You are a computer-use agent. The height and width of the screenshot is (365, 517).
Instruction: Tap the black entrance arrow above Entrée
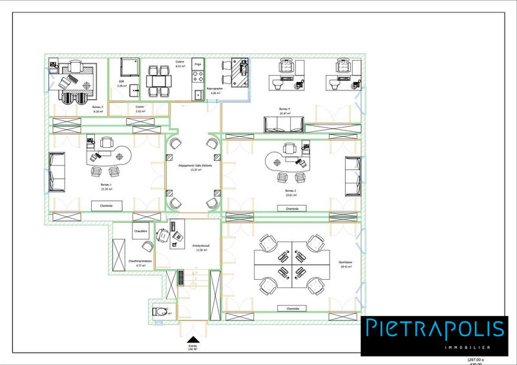click(192, 340)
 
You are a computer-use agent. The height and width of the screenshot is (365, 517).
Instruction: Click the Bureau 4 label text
click(284, 109)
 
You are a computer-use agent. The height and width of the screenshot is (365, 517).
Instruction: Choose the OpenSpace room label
click(344, 262)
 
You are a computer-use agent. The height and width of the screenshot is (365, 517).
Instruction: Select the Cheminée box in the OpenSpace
click(292, 309)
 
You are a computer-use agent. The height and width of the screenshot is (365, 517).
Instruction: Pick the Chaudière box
click(141, 231)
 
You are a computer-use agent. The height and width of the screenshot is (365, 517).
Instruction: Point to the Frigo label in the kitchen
click(198, 65)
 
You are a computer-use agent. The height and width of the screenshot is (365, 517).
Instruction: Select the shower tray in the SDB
click(131, 67)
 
